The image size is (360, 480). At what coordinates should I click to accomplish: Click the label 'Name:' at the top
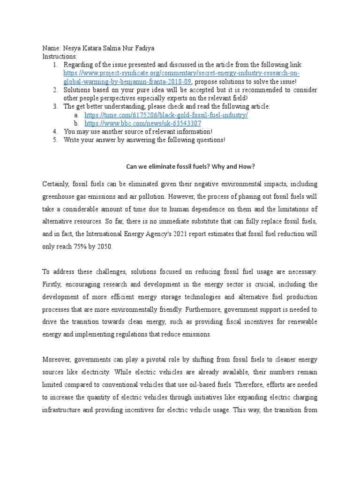point(51,48)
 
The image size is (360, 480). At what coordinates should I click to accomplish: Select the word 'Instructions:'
point(60,56)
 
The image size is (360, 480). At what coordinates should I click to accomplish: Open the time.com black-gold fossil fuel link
point(166,115)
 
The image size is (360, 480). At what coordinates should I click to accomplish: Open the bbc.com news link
point(142,123)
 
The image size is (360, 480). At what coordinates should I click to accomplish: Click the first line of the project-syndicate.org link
point(181,74)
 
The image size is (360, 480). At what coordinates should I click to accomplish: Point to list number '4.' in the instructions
point(55,132)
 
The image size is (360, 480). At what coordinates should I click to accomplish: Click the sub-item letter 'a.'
point(75,115)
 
